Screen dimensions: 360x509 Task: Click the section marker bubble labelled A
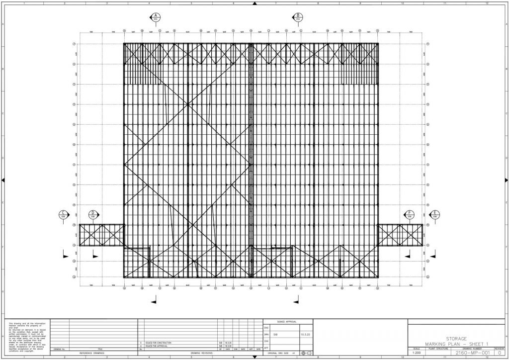click(x=156, y=17)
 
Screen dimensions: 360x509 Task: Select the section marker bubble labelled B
click(x=298, y=17)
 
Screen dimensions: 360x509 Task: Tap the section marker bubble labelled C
click(x=63, y=215)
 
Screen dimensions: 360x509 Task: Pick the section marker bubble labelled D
click(x=92, y=215)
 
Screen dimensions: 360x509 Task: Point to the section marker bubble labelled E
click(x=435, y=215)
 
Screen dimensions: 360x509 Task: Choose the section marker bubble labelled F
click(x=410, y=215)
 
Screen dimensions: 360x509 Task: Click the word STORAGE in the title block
click(x=456, y=338)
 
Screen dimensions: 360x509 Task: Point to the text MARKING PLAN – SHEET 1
click(x=456, y=344)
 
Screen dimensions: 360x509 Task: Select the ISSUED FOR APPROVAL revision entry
click(x=157, y=346)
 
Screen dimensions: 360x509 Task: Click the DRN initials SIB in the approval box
click(x=275, y=334)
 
